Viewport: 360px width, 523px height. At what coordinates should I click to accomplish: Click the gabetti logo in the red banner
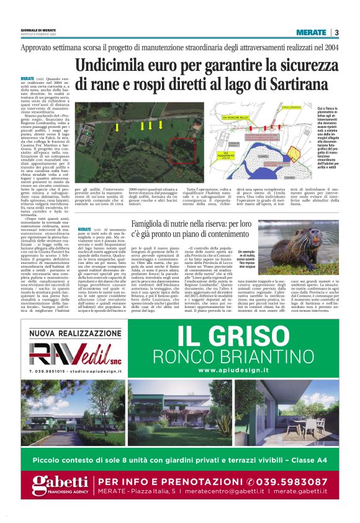click(x=60, y=484)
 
